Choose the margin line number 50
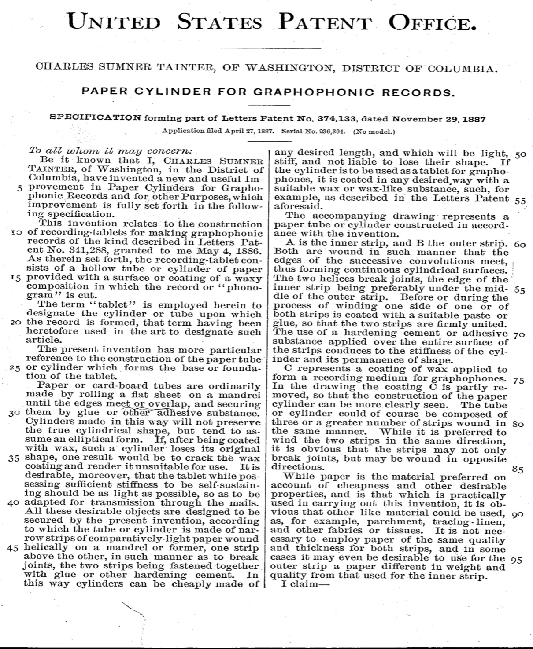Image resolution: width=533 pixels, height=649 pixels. (520, 154)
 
